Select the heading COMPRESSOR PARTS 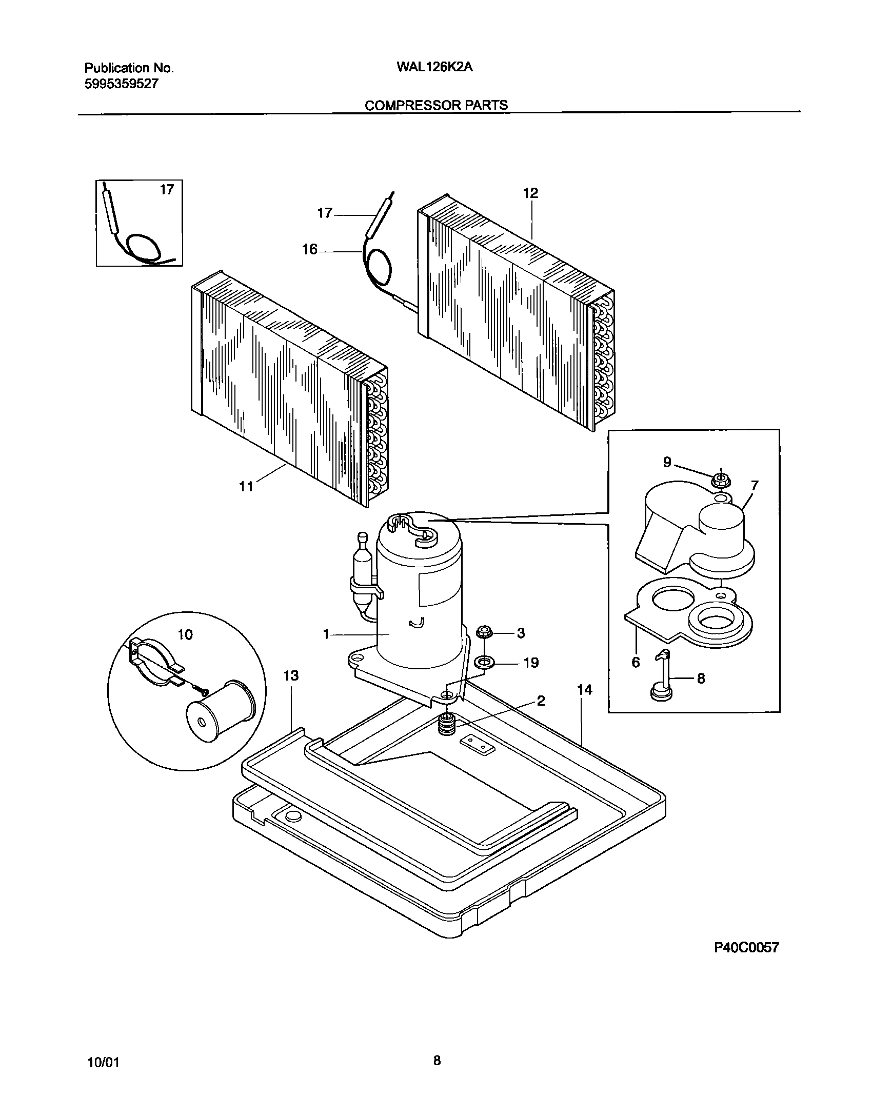point(436,105)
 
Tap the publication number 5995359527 point(121,84)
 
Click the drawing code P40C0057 point(746,948)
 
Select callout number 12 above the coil point(530,193)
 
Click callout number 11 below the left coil point(247,486)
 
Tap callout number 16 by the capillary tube point(309,250)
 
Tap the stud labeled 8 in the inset point(663,676)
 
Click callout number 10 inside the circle point(185,635)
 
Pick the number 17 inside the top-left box point(167,190)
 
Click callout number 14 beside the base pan point(584,690)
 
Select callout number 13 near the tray point(291,676)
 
